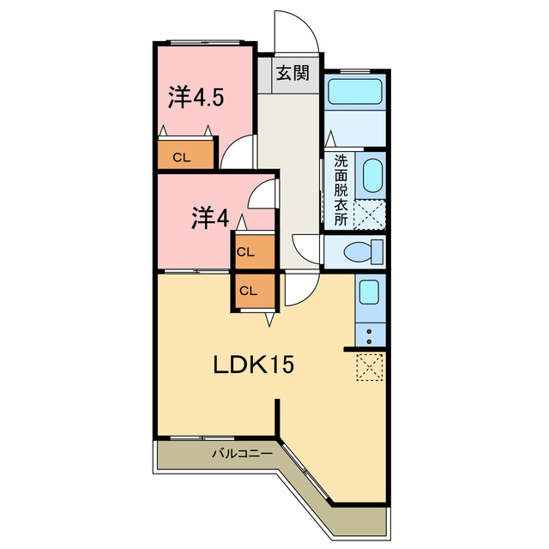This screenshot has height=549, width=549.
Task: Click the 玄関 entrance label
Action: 293,73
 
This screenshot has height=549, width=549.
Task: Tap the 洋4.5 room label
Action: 196,97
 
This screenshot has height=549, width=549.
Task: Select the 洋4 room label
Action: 210,218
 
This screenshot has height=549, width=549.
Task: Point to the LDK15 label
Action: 254,365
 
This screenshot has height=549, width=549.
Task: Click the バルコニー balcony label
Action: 242,454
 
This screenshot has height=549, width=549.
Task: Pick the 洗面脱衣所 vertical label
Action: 341,190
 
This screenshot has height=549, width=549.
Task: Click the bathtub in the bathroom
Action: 354,92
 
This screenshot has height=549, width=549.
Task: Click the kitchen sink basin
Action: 369,292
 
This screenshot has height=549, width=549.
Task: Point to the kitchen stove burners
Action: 370,335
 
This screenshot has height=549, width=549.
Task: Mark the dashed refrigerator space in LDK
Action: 370,366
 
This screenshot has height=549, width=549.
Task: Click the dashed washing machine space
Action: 370,215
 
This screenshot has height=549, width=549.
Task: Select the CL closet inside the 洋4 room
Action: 255,251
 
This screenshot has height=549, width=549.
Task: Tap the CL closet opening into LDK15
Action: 255,290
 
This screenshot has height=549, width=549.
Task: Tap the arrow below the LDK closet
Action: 269,320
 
